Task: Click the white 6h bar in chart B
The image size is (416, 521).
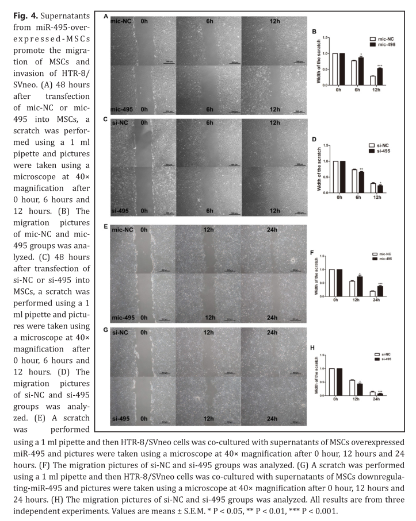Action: click(354, 73)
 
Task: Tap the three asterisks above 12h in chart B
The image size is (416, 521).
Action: click(380, 65)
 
